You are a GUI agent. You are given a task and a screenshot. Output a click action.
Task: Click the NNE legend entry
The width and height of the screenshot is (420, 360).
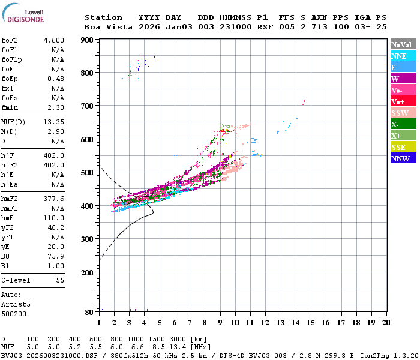click(403, 56)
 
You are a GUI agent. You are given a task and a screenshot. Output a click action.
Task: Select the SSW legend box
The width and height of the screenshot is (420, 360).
click(403, 113)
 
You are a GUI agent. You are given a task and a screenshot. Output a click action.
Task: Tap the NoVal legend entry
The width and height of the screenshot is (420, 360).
click(403, 44)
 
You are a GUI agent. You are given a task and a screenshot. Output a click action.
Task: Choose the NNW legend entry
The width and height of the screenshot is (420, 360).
click(403, 158)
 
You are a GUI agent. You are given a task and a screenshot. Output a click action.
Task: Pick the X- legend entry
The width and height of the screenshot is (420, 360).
click(403, 124)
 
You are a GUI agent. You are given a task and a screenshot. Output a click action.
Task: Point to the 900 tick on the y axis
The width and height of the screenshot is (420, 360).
click(87, 40)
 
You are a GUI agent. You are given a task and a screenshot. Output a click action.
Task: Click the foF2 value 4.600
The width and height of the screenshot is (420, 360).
click(54, 40)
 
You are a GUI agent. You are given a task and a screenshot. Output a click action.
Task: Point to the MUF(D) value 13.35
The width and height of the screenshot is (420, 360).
click(54, 122)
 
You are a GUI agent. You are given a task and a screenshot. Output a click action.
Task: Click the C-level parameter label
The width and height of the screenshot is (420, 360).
click(14, 280)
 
